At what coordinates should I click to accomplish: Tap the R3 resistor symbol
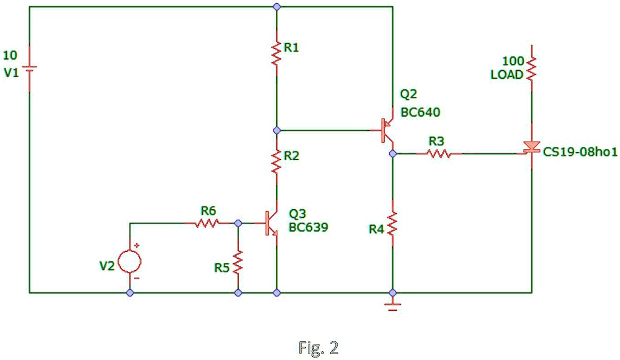[439, 153]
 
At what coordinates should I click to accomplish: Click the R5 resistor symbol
[238, 261]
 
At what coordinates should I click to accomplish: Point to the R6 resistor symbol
[207, 222]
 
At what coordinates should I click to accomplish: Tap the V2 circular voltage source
[130, 261]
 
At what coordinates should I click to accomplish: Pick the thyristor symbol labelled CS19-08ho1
[531, 148]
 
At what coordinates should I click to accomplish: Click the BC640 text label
[420, 112]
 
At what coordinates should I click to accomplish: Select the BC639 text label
[308, 227]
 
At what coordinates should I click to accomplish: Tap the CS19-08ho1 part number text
[580, 152]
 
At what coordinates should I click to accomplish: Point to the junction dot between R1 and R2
[277, 130]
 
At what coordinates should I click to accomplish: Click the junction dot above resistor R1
[277, 6]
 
